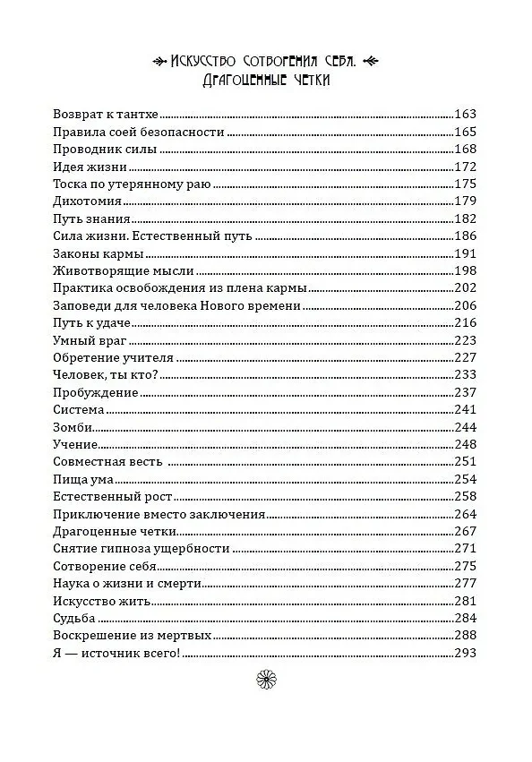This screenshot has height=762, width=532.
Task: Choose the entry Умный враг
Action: pos(91,340)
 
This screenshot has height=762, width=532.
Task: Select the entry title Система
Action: pos(80,410)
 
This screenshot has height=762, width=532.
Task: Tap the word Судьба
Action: pos(75,619)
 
